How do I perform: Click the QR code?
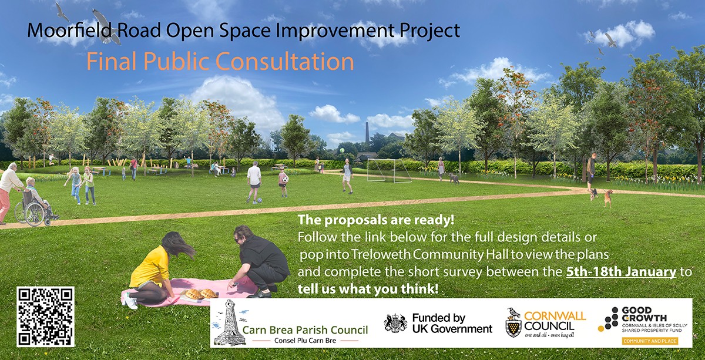pyautogui.click(x=45, y=317)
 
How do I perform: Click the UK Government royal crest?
pyautogui.click(x=395, y=322)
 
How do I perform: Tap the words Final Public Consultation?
pyautogui.click(x=220, y=61)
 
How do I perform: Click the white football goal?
pyautogui.click(x=388, y=170)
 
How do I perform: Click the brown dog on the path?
pyautogui.click(x=607, y=197)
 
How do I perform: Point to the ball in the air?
pyautogui.click(x=341, y=151)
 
